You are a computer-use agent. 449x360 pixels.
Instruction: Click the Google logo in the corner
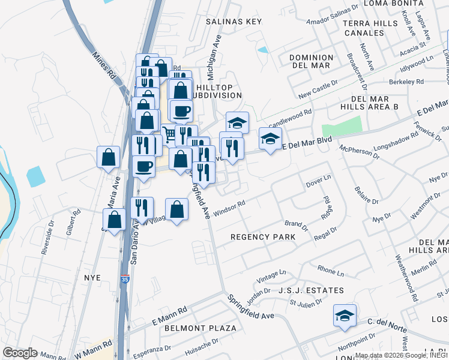(20, 353)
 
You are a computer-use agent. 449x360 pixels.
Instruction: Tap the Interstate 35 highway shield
(124, 280)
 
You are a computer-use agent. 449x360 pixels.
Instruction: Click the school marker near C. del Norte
(345, 316)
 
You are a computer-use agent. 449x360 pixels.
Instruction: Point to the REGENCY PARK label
(264, 237)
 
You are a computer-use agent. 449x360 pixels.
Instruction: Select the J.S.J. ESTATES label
(311, 290)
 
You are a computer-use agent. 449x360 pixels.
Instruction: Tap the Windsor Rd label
(229, 208)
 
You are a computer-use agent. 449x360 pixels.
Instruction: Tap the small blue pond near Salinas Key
(262, 50)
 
